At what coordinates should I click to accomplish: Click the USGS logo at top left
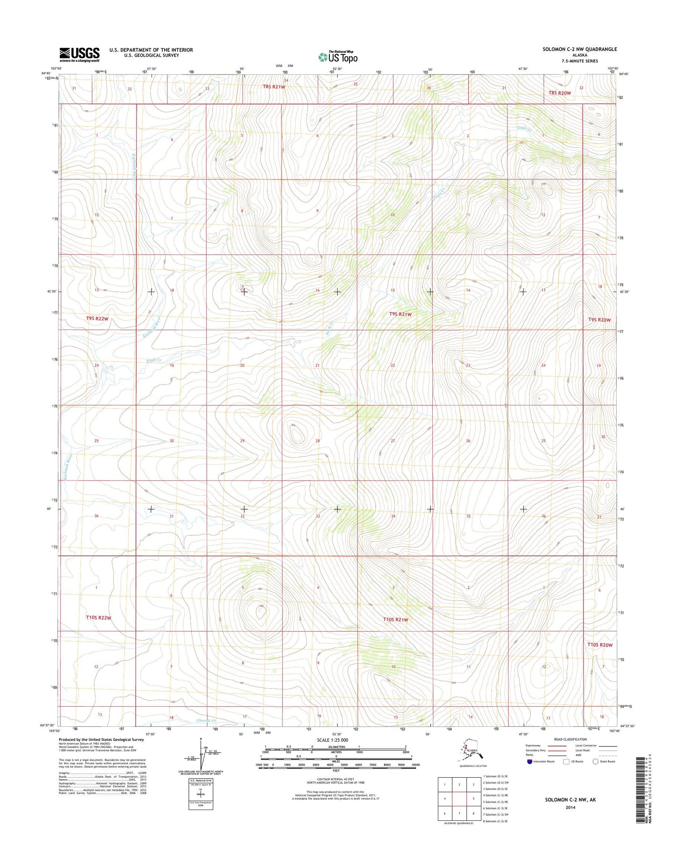[x=79, y=54]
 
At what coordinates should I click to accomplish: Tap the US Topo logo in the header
[x=338, y=57]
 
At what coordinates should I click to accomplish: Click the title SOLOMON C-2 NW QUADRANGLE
[x=579, y=49]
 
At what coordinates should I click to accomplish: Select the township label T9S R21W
[x=400, y=314]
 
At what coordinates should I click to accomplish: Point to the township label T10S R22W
[x=99, y=618]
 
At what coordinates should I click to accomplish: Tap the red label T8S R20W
[x=560, y=93]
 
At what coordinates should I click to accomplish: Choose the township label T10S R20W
[x=600, y=645]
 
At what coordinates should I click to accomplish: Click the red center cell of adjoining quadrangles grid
[x=459, y=799]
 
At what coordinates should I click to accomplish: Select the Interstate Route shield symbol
[x=529, y=774]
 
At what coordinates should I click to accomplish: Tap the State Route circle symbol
[x=595, y=774]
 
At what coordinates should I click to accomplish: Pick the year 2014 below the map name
[x=570, y=807]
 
